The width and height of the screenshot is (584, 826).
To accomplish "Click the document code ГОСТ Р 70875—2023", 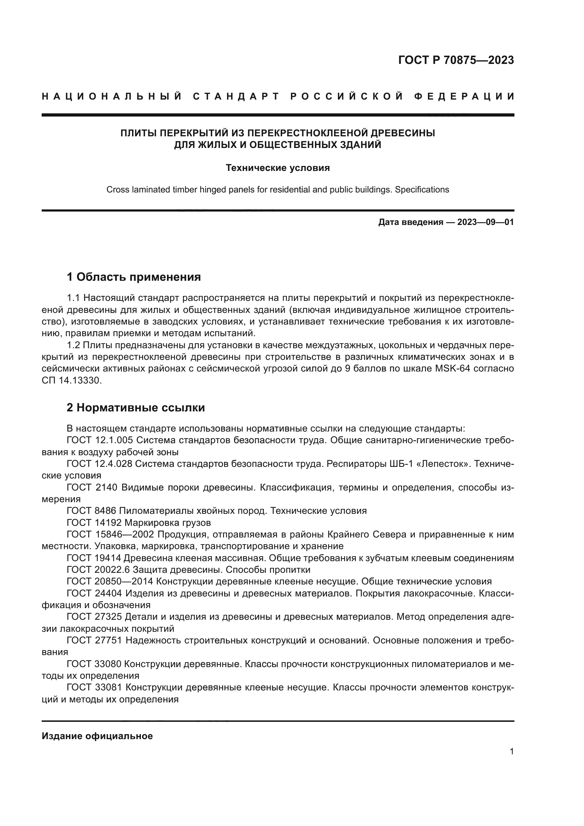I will point(455,60).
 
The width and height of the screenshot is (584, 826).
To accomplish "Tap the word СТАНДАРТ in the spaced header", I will point(236,96).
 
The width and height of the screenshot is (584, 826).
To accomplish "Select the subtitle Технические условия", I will point(278,168).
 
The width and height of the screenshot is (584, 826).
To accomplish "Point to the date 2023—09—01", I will point(485,222).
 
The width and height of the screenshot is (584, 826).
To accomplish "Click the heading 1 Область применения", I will point(134,277).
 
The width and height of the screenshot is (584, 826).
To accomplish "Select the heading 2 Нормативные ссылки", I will point(136,408).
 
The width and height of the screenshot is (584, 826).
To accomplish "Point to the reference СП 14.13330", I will point(72,381).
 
